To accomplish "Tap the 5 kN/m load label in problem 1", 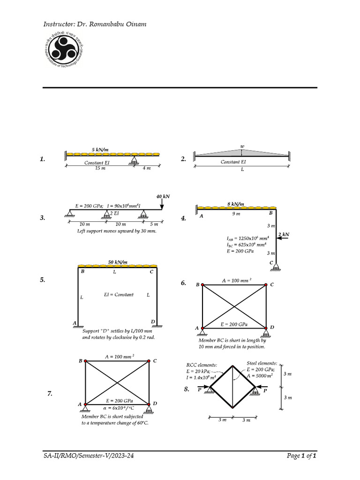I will coord(100,150).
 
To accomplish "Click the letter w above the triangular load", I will coord(242,146).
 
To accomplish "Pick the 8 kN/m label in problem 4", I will coord(235,204).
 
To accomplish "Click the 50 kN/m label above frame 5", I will coord(118,262).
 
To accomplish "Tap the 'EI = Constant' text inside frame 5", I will coord(119,295).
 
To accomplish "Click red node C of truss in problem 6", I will coord(266,285).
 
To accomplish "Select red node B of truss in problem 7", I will coord(85,361).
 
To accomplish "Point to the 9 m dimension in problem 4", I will coord(237,214).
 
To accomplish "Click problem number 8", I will coord(187,389).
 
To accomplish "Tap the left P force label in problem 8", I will coord(200,389).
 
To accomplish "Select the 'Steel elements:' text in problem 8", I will coord(262,363).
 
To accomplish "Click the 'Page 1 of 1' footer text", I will coord(302,455).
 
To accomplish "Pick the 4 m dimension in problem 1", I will coord(147,168).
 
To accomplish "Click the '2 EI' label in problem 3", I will coord(114,213).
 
